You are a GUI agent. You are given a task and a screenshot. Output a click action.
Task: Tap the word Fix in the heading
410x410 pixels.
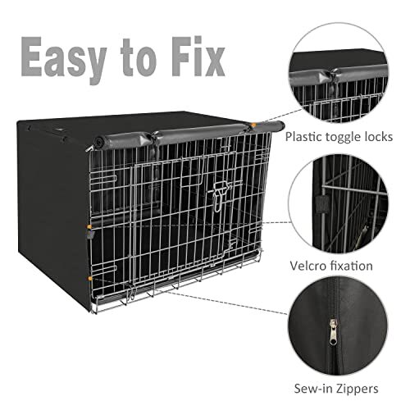coord(198,57)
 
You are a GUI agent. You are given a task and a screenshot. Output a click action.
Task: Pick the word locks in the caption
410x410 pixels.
coord(379,137)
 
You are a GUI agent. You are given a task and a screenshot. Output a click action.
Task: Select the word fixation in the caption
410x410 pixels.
coord(351,266)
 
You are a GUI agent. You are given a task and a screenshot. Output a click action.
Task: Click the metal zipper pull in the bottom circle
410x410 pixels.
coord(333,332)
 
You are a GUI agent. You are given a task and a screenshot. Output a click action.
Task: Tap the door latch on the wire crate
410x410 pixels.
coord(218,196)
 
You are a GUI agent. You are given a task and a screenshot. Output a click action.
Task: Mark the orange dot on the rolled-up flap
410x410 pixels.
coord(253,125)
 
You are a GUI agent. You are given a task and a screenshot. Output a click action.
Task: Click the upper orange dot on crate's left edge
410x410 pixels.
coord(89,226)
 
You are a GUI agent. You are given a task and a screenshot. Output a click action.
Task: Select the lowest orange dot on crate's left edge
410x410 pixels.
coord(90,279)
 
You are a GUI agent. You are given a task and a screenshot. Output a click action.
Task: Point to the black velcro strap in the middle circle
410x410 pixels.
coord(322,204)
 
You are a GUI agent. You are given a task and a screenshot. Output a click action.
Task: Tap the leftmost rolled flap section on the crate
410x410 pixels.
coord(123,141)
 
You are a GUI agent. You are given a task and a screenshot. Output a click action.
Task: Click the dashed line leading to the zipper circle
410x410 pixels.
coord(227,303)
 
